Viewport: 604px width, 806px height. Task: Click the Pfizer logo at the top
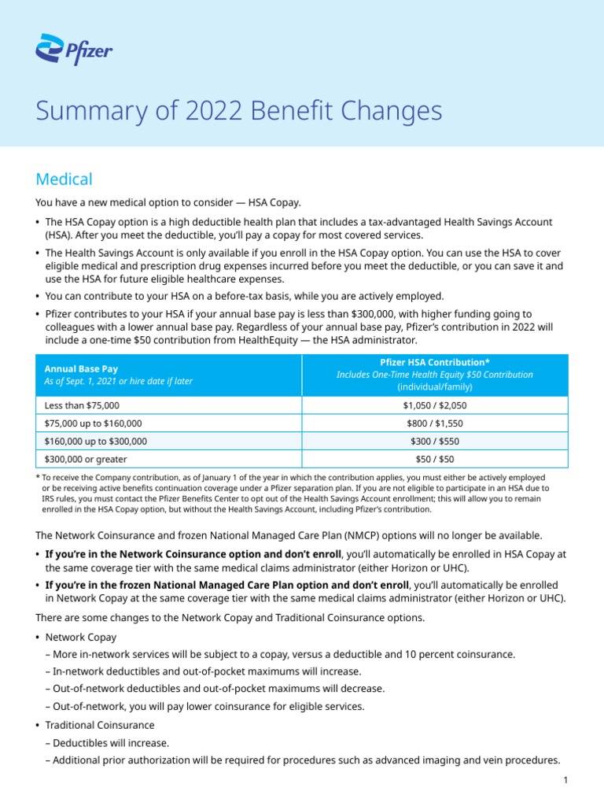tap(74, 52)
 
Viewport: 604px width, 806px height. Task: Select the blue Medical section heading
tap(64, 179)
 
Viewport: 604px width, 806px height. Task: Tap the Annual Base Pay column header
tap(76, 368)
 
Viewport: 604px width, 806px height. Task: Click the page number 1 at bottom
tap(565, 779)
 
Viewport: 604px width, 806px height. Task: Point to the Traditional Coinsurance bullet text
tap(100, 724)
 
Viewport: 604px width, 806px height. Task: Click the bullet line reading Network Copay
tap(81, 636)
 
